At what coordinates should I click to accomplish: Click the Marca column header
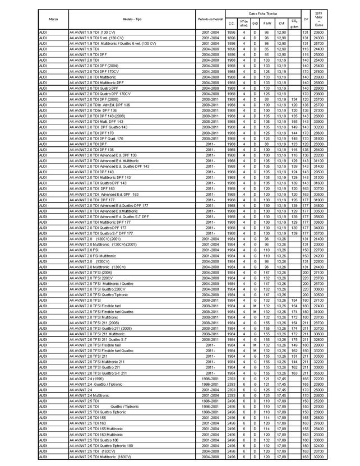[x=54, y=19]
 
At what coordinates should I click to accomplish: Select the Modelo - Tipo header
[x=132, y=19]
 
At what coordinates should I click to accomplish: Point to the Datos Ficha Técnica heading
[x=263, y=12]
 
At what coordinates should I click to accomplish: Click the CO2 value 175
[x=294, y=339]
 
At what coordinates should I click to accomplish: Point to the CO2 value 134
[x=294, y=99]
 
